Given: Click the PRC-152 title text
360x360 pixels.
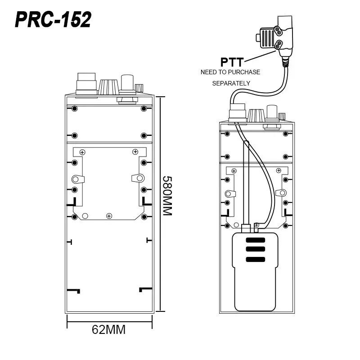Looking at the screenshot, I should pyautogui.click(x=54, y=20).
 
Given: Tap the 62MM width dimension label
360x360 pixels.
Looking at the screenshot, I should pyautogui.click(x=108, y=329).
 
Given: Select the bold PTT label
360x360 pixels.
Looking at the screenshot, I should pyautogui.click(x=232, y=61).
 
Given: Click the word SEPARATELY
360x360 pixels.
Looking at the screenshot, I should pyautogui.click(x=231, y=83).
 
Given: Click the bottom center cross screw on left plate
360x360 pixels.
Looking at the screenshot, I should pyautogui.click(x=109, y=216).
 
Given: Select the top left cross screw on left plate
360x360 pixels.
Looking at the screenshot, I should pyautogui.click(x=82, y=152).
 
